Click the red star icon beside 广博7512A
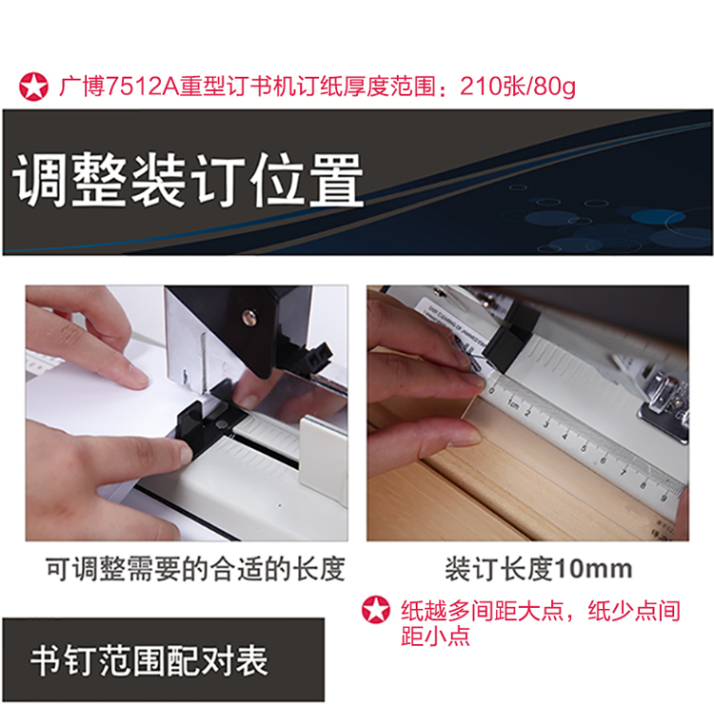(33, 87)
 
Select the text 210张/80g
(518, 86)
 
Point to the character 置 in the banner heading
(336, 180)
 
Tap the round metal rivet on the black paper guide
(222, 423)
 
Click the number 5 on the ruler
(583, 448)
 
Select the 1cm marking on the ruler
(513, 404)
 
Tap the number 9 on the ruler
(664, 499)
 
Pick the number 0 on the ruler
(491, 390)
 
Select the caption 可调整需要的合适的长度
(195, 569)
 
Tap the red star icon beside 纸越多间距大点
(376, 610)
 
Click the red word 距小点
(435, 636)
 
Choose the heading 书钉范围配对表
(149, 661)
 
